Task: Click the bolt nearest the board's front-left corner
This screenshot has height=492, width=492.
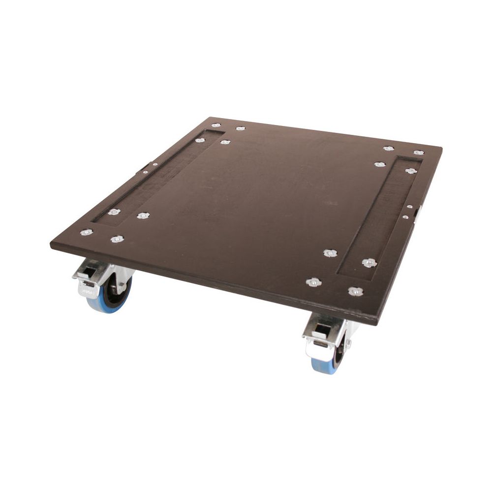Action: tap(86, 232)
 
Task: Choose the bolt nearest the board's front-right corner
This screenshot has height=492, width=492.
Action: tap(356, 291)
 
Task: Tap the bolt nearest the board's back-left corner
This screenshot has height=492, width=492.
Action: tap(215, 125)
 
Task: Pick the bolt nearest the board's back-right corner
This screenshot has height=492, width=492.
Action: tap(418, 153)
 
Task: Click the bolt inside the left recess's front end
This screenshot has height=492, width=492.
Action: tap(114, 212)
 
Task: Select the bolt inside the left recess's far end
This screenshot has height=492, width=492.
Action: tap(200, 140)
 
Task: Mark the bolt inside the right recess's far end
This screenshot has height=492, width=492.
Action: tap(411, 171)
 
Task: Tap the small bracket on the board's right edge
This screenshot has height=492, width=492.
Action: tap(416, 212)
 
